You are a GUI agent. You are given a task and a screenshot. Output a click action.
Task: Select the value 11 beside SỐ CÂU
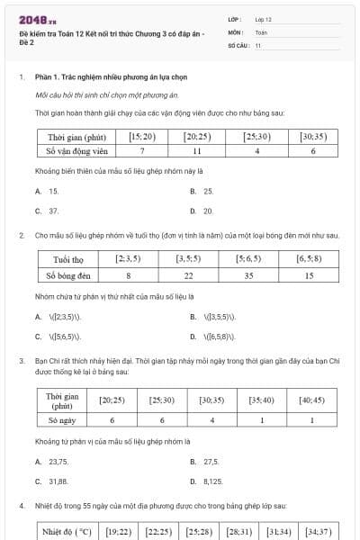pos(258,44)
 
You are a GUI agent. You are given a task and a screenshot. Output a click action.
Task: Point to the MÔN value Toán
pos(261,31)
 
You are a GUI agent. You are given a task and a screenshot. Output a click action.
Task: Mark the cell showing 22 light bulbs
pos(188,275)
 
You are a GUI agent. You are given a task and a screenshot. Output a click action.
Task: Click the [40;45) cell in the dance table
pos(311,400)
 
